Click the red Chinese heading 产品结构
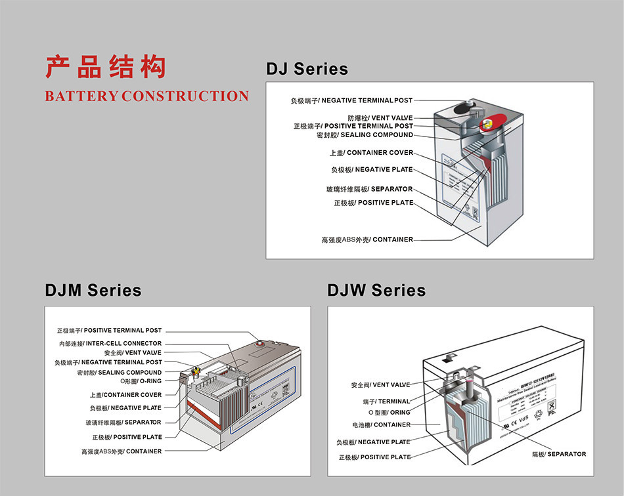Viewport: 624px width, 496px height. coord(105,68)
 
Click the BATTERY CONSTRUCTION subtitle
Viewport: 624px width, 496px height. coord(146,96)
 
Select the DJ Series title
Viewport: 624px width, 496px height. coord(307,69)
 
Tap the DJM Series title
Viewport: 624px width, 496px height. coord(93,290)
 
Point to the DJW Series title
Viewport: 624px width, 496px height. coord(376,290)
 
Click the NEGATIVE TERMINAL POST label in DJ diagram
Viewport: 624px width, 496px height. coord(351,100)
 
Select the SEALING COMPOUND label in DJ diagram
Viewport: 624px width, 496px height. coord(365,135)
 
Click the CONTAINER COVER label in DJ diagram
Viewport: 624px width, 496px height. coord(371,153)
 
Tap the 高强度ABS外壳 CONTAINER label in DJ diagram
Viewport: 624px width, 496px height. coord(367,239)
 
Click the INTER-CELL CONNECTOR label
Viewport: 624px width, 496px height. coord(110,343)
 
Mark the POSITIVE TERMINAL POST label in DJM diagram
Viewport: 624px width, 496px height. coord(109,331)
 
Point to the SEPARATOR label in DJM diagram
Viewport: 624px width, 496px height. coord(123,423)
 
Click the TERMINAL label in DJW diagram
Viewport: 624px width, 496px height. coord(386,401)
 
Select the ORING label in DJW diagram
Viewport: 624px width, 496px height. coord(392,413)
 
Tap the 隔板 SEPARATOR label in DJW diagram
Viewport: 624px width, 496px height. coord(558,454)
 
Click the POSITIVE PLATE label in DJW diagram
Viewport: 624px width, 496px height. coord(374,457)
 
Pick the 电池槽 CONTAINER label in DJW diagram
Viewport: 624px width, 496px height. coord(381,425)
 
